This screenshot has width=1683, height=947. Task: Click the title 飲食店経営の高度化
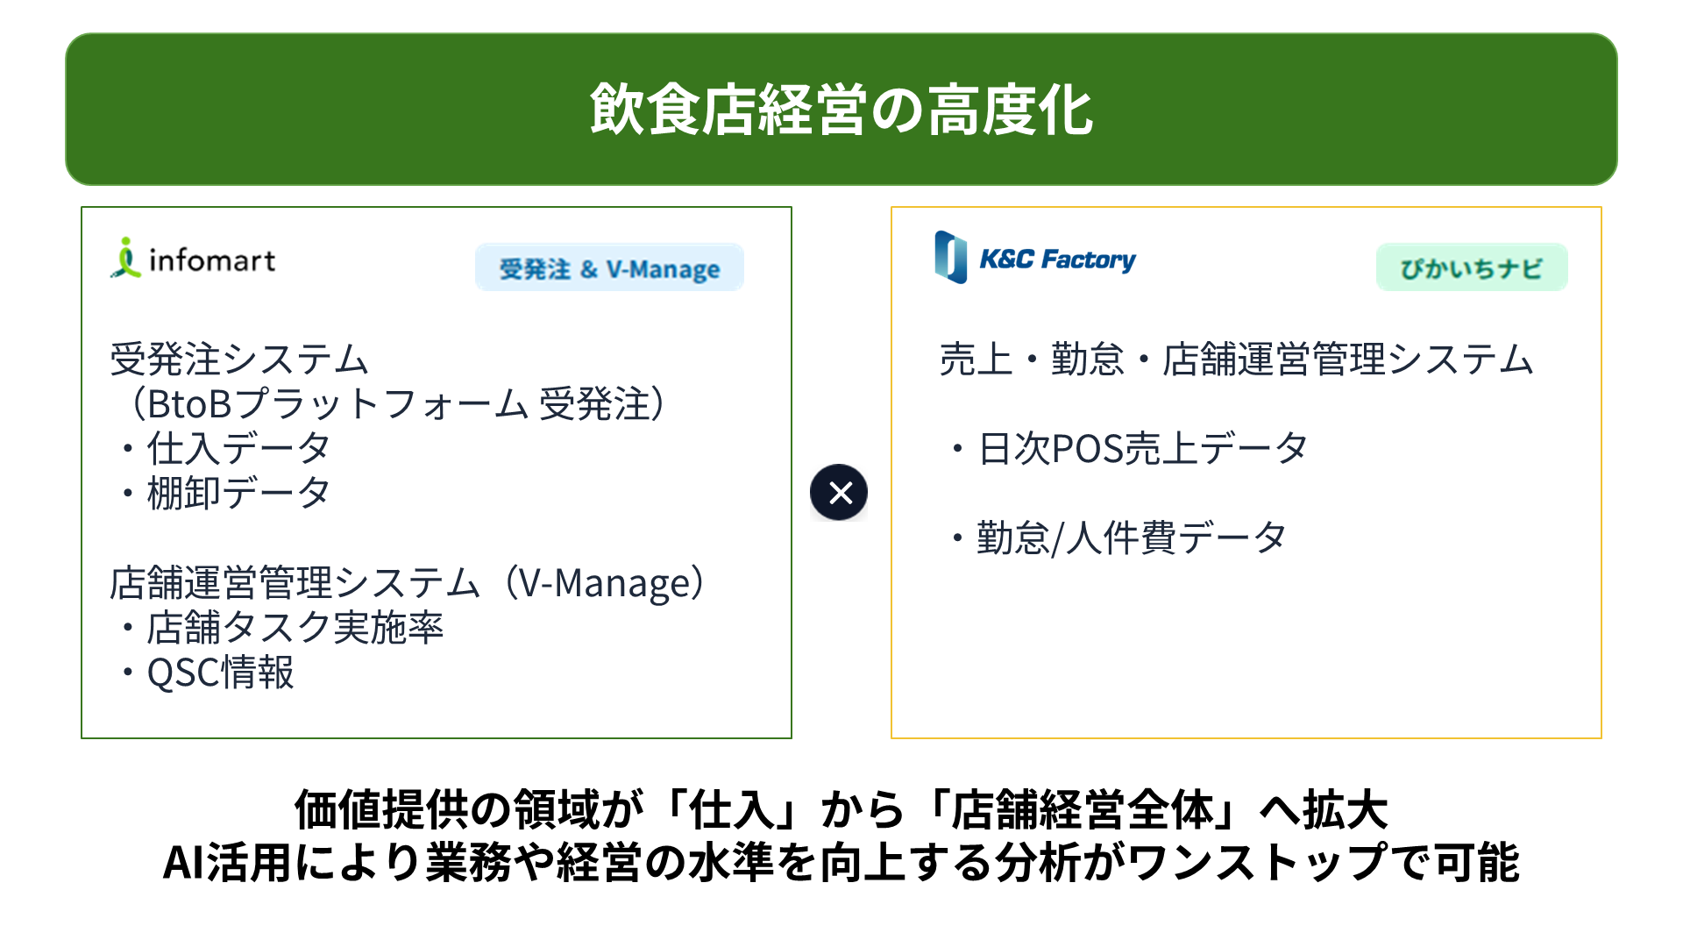[841, 110]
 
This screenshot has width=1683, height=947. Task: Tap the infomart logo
[193, 259]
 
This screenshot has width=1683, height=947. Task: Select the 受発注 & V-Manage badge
[609, 268]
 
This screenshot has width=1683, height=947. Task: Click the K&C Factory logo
[1035, 258]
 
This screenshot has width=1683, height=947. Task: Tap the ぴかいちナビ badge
[1472, 267]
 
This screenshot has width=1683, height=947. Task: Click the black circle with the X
[839, 493]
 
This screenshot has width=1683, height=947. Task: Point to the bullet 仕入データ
[224, 449]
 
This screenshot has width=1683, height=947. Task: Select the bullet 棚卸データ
[224, 494]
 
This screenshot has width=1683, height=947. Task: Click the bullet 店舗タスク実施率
[280, 628]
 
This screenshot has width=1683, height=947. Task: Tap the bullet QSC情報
[207, 673]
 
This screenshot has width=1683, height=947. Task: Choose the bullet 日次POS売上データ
[1129, 449]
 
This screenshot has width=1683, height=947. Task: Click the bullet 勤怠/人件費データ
[1118, 538]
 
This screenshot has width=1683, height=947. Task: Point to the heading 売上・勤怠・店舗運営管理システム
[1236, 360]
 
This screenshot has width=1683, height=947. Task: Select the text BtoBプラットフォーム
[337, 404]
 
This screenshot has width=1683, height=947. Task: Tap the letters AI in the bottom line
[184, 863]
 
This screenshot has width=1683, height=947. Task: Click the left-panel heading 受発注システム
[238, 360]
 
